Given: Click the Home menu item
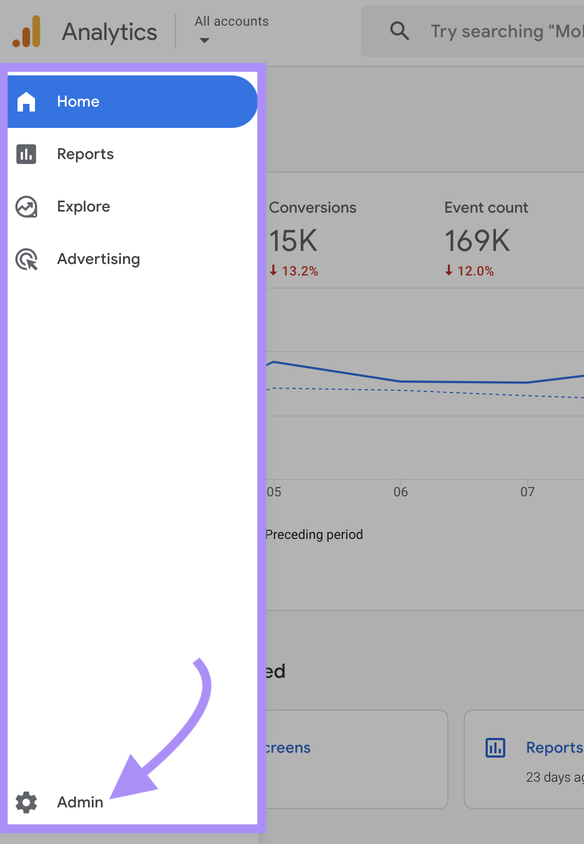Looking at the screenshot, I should (x=78, y=102).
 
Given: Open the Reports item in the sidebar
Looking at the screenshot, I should (x=85, y=154).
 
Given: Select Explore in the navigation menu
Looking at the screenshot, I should (x=84, y=207).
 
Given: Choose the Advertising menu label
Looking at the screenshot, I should (x=98, y=259).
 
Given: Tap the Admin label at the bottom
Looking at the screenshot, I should (x=80, y=802).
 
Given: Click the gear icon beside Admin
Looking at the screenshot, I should (x=26, y=802).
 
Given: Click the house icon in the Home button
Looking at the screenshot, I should (x=26, y=102).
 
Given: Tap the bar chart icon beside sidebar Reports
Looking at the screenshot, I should (x=26, y=154).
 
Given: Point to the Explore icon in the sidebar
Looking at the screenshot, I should (x=26, y=207).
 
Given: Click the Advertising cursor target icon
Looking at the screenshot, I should (x=26, y=259).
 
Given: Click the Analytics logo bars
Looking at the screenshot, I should (x=27, y=32).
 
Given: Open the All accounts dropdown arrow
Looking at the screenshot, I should (x=205, y=40).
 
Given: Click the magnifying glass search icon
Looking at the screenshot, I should (x=400, y=31).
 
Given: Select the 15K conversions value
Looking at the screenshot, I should (x=294, y=241).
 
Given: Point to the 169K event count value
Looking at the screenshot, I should (x=477, y=241).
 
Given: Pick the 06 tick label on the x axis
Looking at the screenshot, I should (x=401, y=492).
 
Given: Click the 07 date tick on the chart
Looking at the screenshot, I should (x=528, y=492).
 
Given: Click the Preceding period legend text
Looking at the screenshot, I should (x=314, y=535).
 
